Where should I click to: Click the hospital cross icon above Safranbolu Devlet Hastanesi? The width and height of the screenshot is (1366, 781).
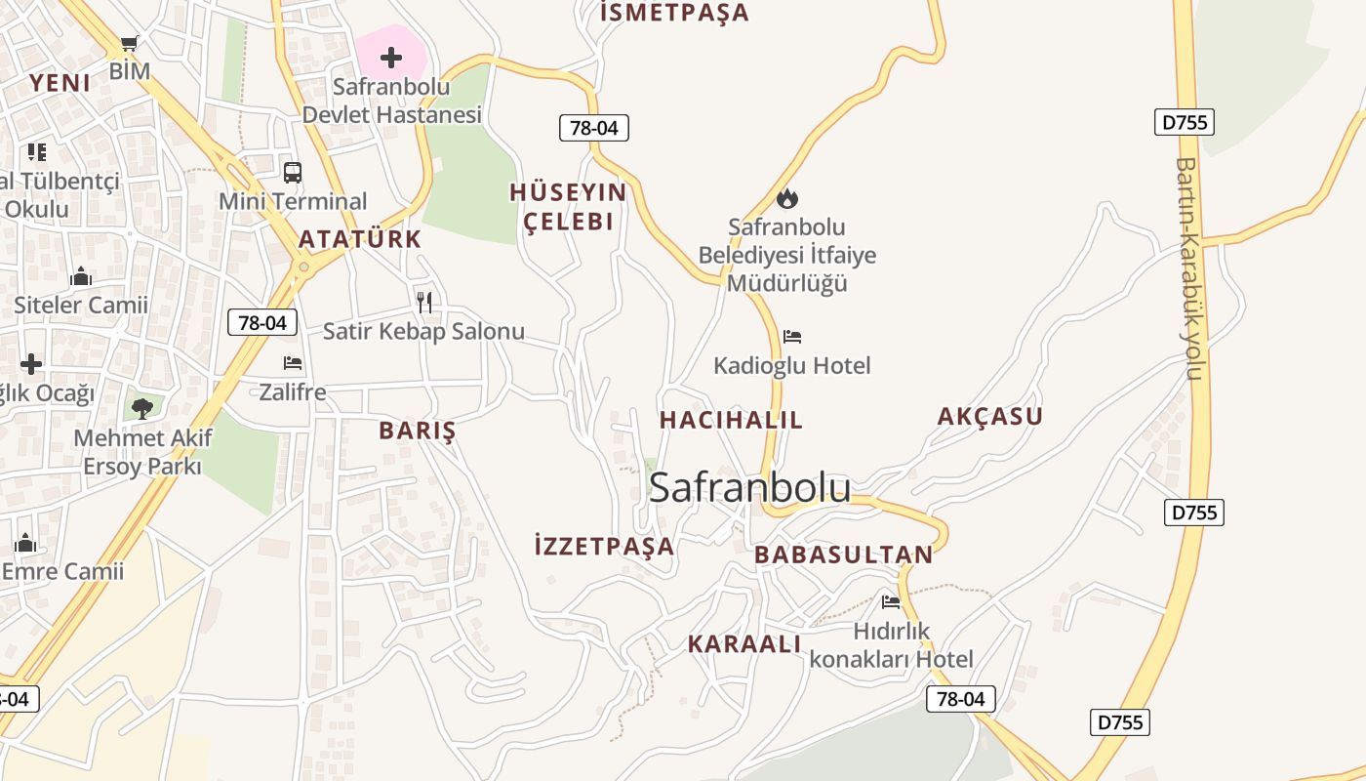[390, 58]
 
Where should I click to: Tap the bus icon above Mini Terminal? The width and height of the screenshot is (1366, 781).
[292, 173]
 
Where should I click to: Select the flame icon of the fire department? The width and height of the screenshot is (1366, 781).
[786, 198]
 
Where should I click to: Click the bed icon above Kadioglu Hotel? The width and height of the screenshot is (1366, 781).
[792, 337]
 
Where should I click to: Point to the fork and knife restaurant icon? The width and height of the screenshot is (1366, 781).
[423, 302]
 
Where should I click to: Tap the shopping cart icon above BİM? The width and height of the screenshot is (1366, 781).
[129, 43]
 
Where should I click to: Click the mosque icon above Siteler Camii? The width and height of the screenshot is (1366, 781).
[81, 277]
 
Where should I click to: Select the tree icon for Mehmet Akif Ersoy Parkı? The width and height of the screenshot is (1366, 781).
[142, 407]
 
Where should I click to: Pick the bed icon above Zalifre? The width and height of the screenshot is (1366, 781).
[292, 363]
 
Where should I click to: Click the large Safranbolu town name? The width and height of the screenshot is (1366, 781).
[749, 487]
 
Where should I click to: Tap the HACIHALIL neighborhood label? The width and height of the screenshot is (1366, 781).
[731, 420]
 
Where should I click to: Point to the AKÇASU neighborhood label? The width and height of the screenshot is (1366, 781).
[989, 417]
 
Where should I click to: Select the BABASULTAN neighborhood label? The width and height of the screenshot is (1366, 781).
[843, 555]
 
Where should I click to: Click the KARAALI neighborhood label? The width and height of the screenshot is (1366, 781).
[743, 644]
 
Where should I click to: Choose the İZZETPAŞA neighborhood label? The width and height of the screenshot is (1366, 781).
[604, 546]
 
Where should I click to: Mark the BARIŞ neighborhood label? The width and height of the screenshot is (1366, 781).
[417, 431]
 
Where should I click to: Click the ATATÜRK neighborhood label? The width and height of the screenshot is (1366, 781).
[359, 239]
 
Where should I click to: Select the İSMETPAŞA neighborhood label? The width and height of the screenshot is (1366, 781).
[674, 13]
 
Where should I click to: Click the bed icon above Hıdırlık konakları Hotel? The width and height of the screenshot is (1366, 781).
[890, 602]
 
